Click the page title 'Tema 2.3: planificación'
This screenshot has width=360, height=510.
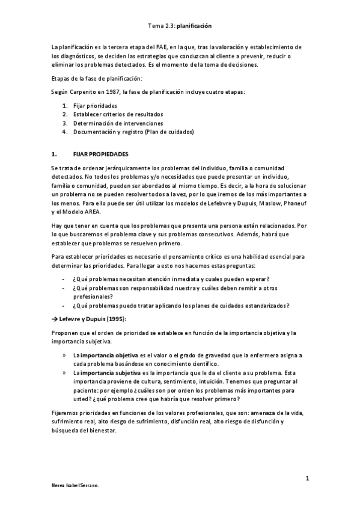[x=180, y=26]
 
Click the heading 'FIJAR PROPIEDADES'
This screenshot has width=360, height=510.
[x=100, y=154]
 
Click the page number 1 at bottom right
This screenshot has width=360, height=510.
[x=307, y=478]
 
